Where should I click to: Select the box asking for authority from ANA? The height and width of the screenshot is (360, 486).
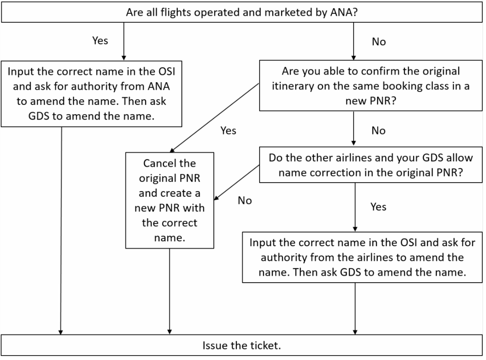pos(91,93)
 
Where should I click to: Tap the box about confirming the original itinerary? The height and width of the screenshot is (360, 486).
pos(370,85)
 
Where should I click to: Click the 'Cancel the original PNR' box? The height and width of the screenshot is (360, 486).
pos(169,200)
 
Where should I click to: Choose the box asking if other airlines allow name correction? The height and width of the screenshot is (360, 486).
pos(370,165)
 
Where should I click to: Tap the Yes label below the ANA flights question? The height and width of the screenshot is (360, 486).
pos(100,40)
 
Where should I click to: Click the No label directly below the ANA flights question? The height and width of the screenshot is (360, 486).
pos(378,42)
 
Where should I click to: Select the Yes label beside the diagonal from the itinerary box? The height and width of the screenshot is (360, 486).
pos(228,130)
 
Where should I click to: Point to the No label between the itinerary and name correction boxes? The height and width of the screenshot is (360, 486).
pos(378,130)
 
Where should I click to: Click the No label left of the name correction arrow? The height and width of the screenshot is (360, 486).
pos(245,200)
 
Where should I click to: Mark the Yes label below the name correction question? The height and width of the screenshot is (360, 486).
pos(378,207)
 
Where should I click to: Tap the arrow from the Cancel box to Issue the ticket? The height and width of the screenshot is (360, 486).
pos(169,292)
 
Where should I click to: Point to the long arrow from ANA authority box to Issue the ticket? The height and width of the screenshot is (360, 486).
pos(61,231)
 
